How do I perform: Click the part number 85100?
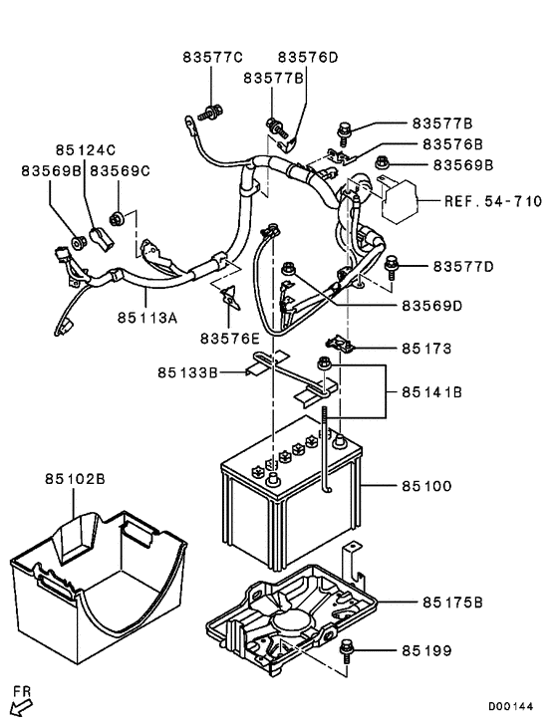point(428,487)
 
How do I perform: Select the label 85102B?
point(74,479)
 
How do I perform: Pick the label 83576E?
point(230,339)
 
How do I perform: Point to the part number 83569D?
point(431,306)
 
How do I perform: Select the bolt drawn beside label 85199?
point(347,650)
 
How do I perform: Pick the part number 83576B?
point(455,144)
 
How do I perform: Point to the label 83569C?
point(120,171)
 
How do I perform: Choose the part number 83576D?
point(308,57)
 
